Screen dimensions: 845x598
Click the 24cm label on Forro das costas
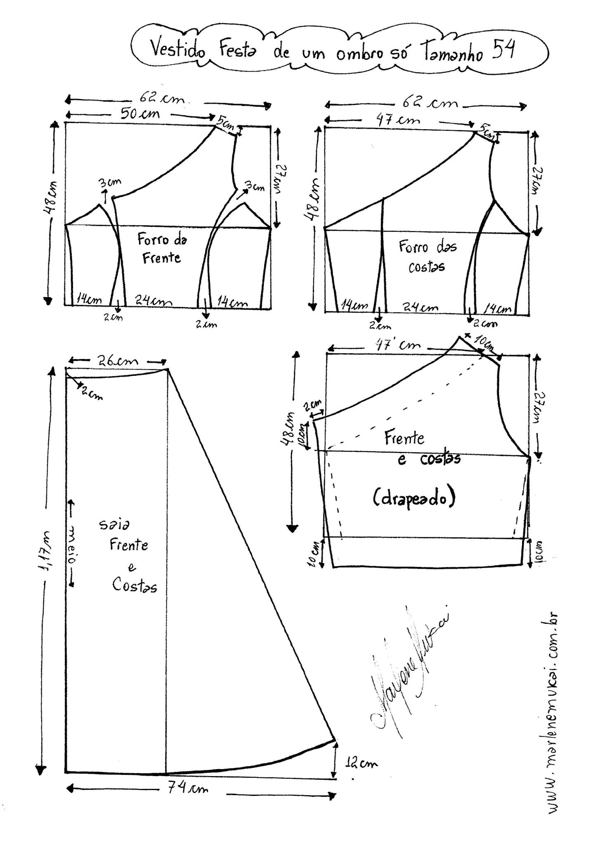pos(421,307)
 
